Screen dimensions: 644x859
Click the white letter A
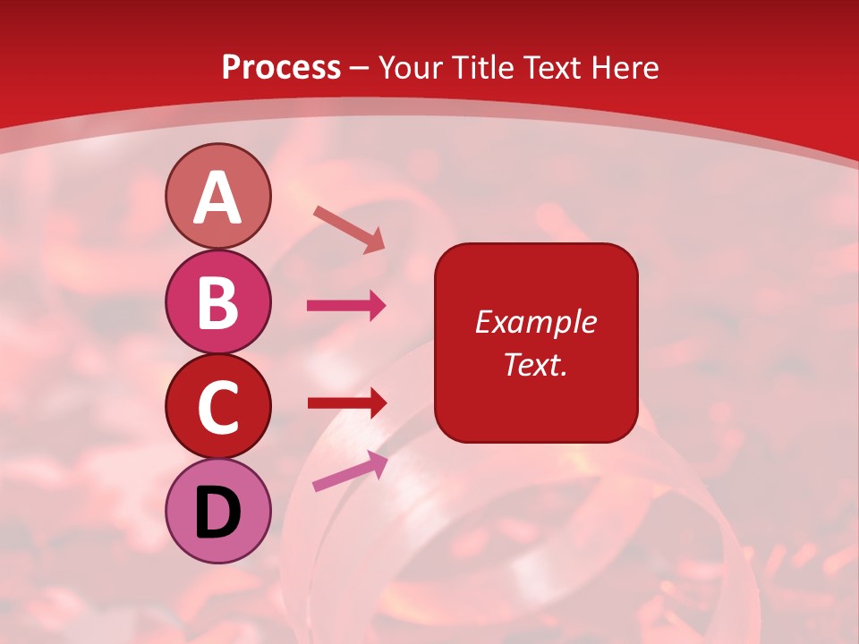(217, 198)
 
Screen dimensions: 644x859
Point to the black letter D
(217, 513)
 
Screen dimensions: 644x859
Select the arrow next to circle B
(346, 306)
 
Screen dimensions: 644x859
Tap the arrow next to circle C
(347, 402)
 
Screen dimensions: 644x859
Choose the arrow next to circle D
(350, 471)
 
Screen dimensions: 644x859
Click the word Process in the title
(281, 68)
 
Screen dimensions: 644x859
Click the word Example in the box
(535, 322)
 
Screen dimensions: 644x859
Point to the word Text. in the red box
(535, 364)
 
